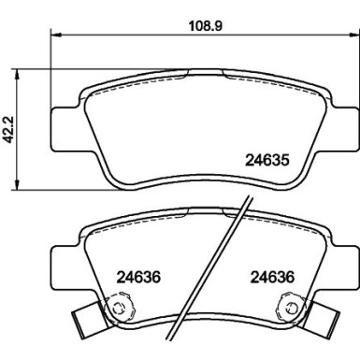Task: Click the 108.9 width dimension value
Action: (206, 26)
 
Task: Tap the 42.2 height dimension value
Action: (7, 130)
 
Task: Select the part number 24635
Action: (267, 160)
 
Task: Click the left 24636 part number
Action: (138, 277)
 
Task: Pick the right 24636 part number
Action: (273, 277)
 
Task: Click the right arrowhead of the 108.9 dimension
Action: (353, 34)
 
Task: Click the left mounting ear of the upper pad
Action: (64, 128)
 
